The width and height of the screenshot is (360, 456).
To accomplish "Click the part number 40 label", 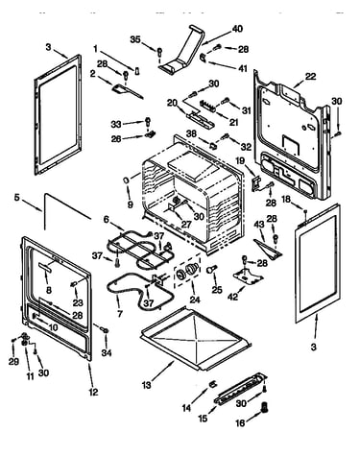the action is (237, 29).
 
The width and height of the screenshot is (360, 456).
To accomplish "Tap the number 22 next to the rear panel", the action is (310, 77).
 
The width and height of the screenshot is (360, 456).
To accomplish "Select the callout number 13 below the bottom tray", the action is (146, 385).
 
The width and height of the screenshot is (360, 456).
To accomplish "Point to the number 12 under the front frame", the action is (93, 392).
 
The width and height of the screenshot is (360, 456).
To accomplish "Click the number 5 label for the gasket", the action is (16, 198).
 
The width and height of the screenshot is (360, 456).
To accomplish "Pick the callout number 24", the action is (195, 300).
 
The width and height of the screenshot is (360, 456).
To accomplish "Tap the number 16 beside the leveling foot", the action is (240, 423).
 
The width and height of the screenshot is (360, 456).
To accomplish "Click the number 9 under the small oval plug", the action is (130, 204).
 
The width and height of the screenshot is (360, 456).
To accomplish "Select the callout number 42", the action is (232, 297).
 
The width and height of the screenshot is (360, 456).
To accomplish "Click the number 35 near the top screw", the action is (135, 39).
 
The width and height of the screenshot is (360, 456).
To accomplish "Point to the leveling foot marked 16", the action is (265, 407).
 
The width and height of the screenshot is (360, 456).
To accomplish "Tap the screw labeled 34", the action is (104, 329).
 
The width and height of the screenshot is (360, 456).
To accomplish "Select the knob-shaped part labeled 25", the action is (211, 269).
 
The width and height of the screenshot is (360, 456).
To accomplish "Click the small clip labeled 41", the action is (203, 57).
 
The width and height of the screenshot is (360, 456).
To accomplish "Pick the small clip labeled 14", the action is (212, 383).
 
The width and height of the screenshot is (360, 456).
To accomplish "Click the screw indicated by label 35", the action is (159, 51).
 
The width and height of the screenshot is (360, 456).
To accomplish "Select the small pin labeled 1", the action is (137, 71).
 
